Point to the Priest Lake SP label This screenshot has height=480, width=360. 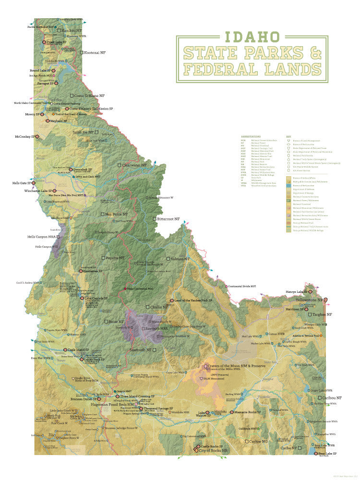57,42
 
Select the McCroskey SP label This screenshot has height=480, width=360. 24,136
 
